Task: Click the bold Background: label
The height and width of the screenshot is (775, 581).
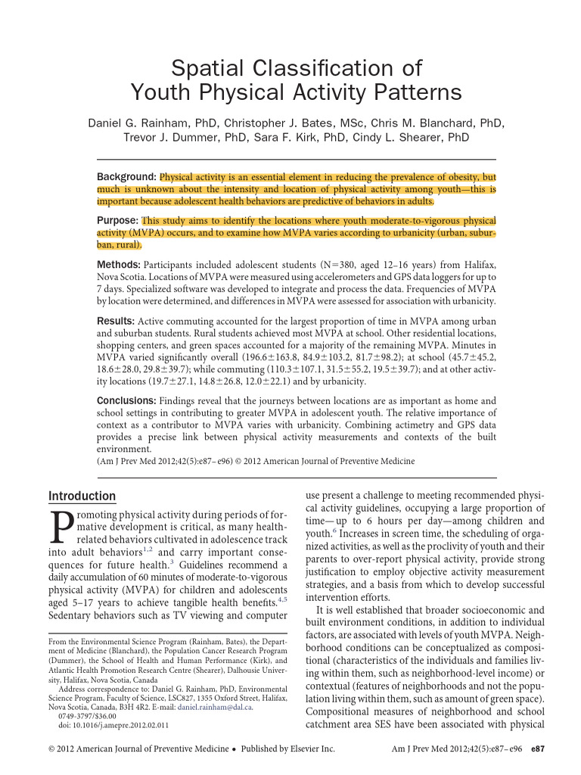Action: pos(126,176)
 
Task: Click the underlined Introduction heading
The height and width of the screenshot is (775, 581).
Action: pos(82,496)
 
